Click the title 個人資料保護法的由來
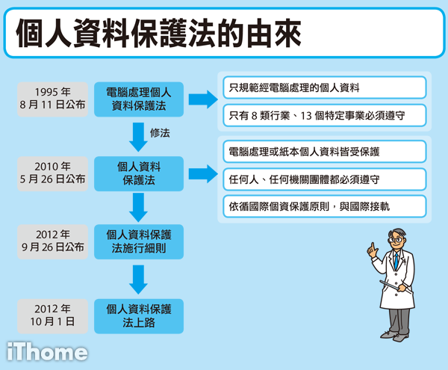tap(158, 33)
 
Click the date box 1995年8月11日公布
tap(52, 99)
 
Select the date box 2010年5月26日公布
tap(52, 173)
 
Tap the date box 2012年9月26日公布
tap(52, 241)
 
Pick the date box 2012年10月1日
tap(52, 316)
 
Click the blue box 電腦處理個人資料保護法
tap(139, 99)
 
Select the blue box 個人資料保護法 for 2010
tap(139, 173)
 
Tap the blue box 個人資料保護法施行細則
tap(139, 241)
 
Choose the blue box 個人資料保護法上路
tap(139, 316)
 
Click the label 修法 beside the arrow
tap(160, 133)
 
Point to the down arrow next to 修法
tap(138, 138)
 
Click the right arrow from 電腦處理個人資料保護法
tap(203, 99)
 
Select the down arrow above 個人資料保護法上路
tap(138, 280)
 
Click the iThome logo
tap(47, 352)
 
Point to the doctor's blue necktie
tap(396, 261)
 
